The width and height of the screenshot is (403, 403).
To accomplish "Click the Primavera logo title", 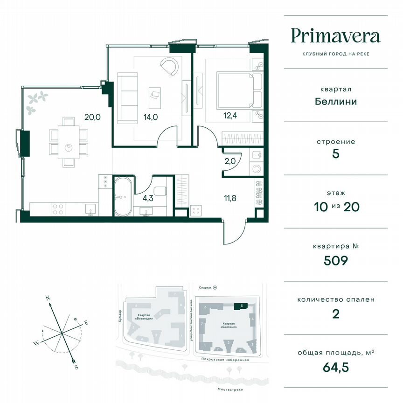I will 335,35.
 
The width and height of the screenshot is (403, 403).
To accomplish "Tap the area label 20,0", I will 92,117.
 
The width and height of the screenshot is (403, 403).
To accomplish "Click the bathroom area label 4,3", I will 148,198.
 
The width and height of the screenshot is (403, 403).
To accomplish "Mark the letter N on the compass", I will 48,297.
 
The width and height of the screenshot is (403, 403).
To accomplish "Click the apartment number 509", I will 335,260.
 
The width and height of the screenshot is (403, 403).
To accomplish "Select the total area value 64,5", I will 335,367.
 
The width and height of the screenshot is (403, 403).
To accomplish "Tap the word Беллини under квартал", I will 335,101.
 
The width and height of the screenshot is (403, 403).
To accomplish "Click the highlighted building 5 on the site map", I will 239,306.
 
